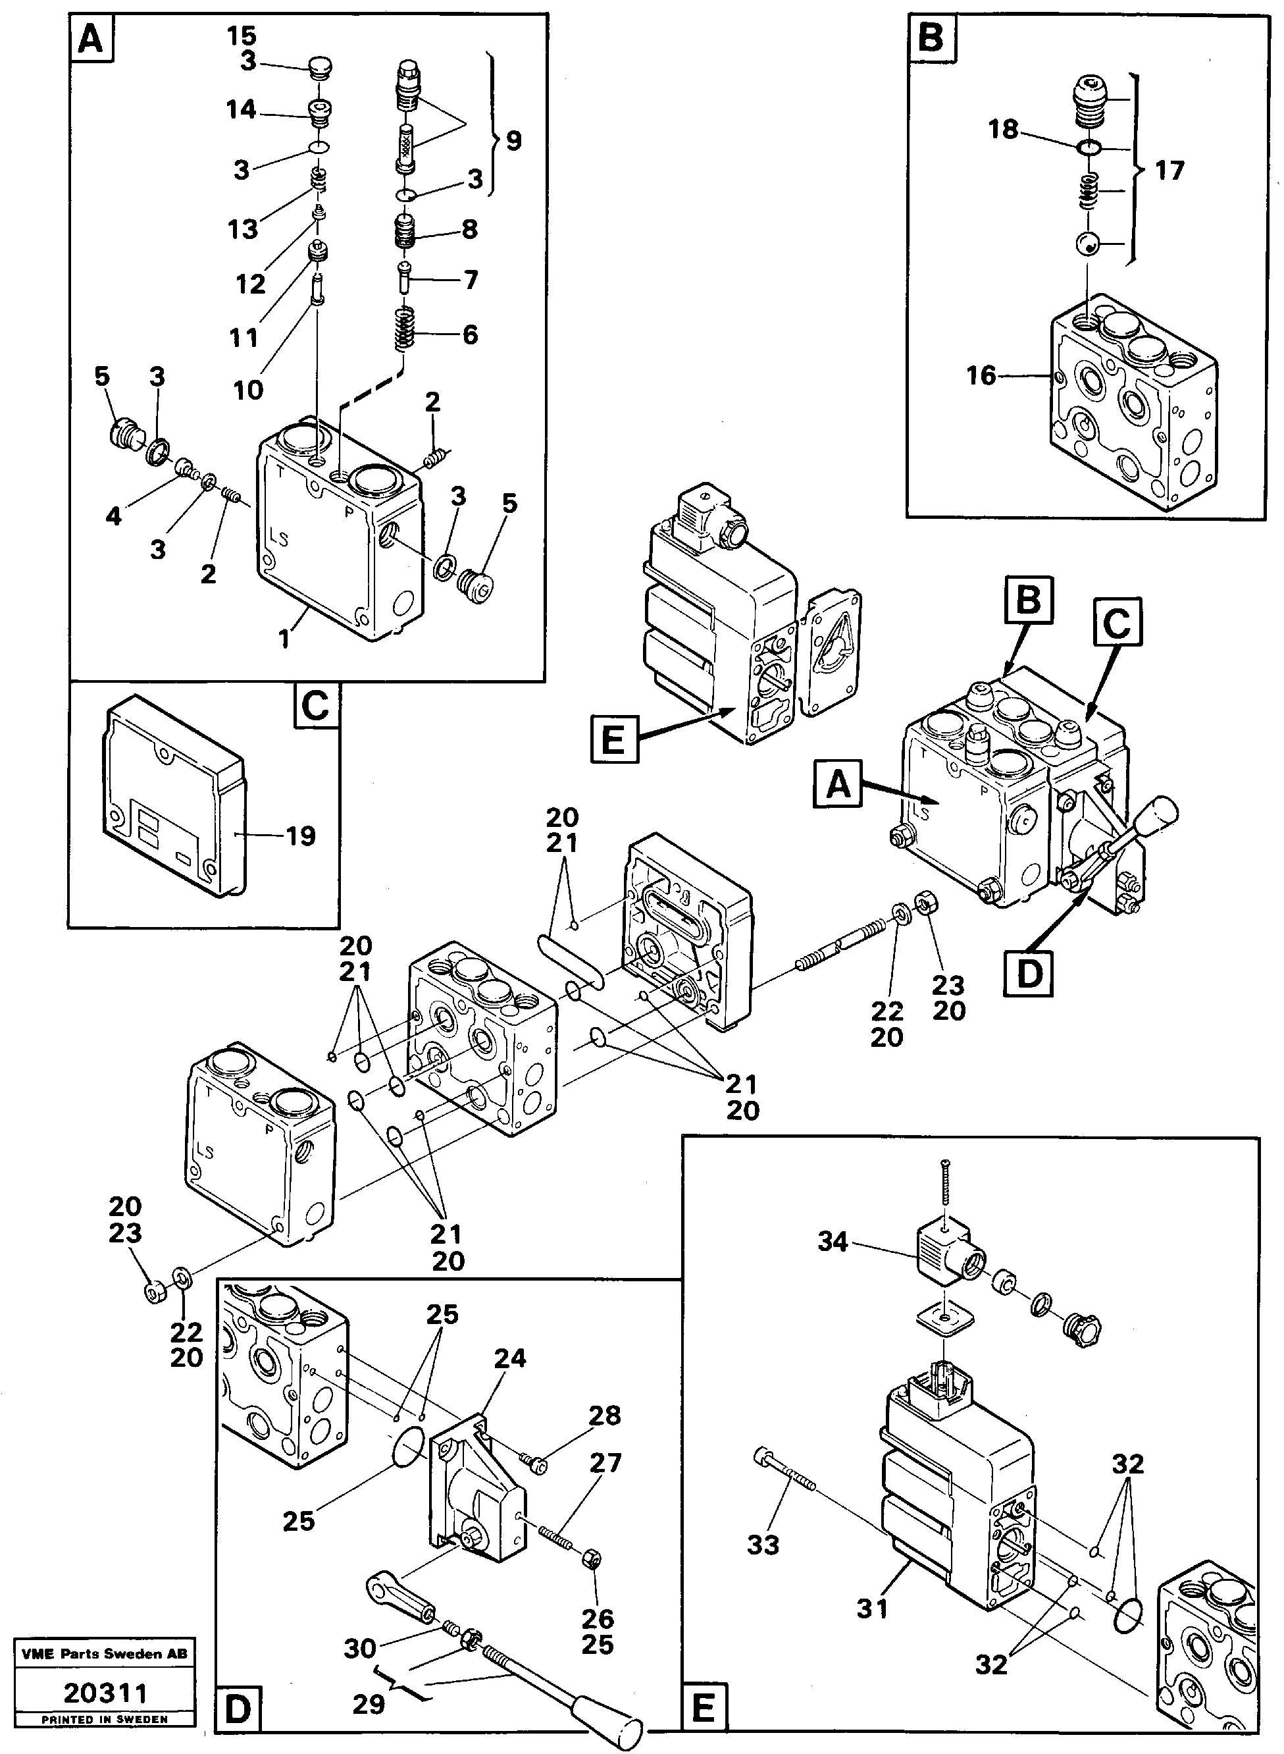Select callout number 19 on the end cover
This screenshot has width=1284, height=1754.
point(300,837)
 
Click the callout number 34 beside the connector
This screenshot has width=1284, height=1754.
point(832,1242)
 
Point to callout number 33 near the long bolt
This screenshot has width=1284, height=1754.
point(763,1545)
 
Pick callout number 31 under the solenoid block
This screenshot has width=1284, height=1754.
point(872,1608)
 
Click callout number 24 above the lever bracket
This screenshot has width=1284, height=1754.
point(510,1358)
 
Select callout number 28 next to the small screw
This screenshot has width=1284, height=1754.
point(605,1415)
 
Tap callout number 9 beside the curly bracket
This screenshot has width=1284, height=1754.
point(513,141)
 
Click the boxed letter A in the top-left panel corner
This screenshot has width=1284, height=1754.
point(91,38)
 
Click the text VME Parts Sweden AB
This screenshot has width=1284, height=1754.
point(105,1654)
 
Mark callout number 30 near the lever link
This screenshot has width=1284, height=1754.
point(360,1647)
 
